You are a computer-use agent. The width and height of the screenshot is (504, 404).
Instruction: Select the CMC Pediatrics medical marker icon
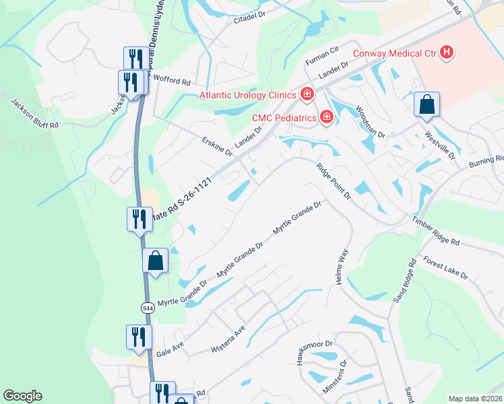327,118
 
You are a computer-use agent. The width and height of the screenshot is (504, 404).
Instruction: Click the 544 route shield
147,307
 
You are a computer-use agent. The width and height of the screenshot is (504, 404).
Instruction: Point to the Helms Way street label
342,267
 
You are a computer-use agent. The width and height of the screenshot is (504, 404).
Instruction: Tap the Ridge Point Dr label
334,180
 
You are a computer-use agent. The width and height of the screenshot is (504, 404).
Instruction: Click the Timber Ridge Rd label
435,231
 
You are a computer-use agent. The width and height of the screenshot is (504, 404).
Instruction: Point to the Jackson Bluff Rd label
35,113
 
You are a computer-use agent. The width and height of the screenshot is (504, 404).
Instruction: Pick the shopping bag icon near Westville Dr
427,104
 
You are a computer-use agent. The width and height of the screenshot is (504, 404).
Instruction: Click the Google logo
22,396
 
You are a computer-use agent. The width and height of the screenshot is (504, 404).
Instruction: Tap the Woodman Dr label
370,122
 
